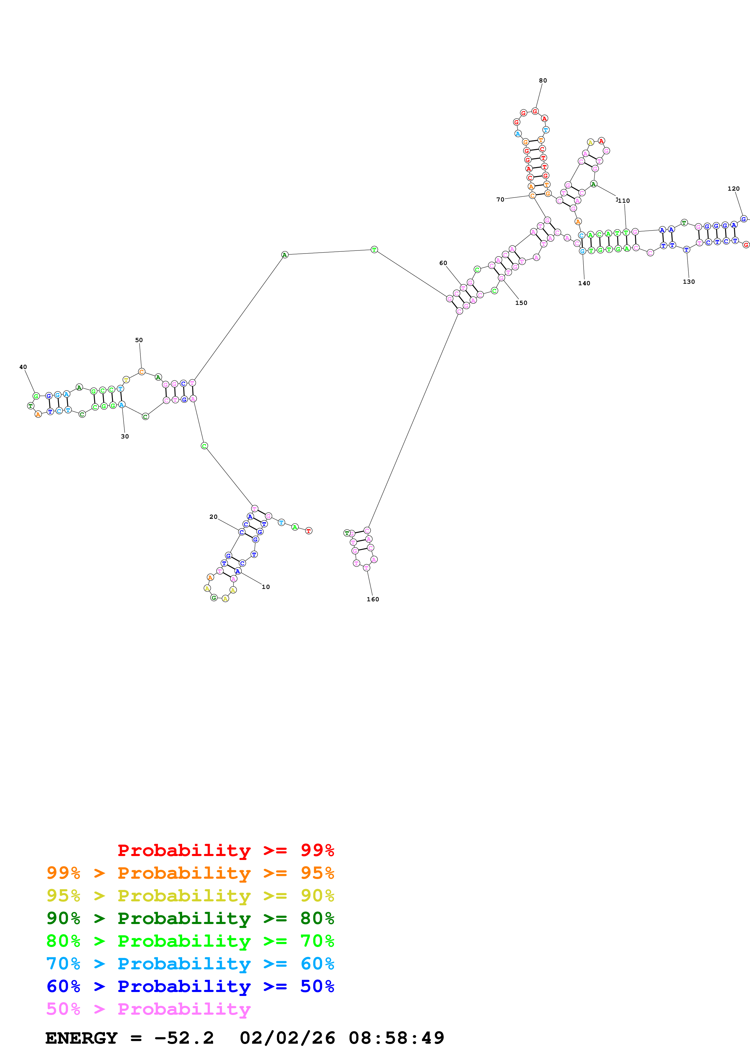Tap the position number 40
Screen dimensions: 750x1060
coord(23,367)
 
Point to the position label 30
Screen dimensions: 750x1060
coord(125,436)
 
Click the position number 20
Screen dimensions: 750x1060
coord(214,517)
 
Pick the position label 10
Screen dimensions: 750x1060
coord(266,587)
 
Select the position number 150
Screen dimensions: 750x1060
coord(521,303)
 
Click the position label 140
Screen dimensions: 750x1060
coord(584,283)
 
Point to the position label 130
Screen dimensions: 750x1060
coord(689,282)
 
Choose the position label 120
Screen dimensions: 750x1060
coord(733,188)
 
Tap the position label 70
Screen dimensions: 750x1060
coord(500,199)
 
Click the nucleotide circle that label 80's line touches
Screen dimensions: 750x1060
coord(535,111)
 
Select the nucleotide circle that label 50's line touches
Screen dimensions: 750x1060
coord(141,372)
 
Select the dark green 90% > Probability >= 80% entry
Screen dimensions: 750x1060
coord(190,918)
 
